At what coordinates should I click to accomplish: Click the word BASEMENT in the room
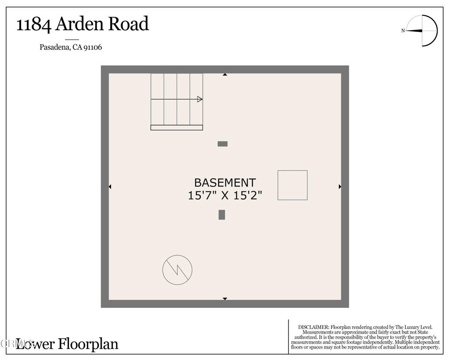(x=225, y=182)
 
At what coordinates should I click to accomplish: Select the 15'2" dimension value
(x=248, y=196)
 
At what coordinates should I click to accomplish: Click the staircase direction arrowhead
(x=200, y=99)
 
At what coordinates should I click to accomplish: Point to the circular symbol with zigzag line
(x=177, y=270)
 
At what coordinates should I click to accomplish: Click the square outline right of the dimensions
(x=292, y=185)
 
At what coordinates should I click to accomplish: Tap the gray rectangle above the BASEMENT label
(x=223, y=144)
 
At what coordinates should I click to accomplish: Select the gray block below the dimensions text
(x=222, y=215)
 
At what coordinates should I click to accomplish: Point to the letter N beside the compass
(x=403, y=31)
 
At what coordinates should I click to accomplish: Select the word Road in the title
(x=129, y=24)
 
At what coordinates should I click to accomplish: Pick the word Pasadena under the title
(x=54, y=47)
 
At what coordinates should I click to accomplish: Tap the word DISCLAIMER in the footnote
(x=313, y=327)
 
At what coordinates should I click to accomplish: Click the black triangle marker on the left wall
(x=110, y=187)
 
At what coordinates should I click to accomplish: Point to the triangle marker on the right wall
(x=340, y=187)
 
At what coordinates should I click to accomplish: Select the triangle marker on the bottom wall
(x=225, y=299)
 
